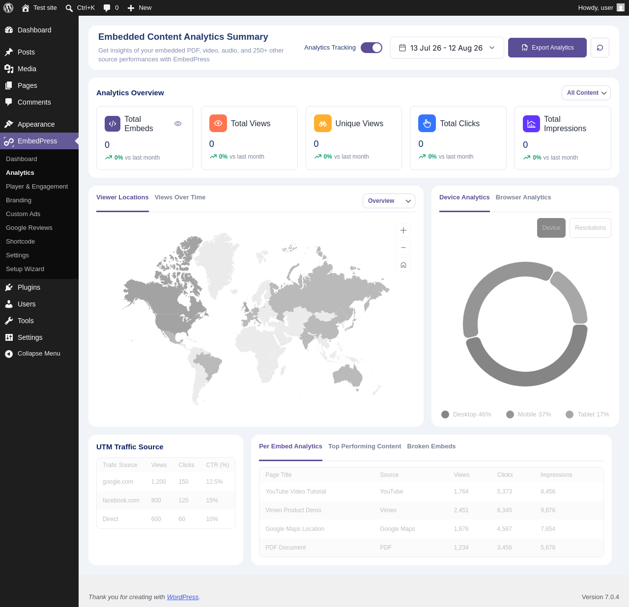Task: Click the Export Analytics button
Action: point(547,48)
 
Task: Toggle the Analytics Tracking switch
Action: point(372,48)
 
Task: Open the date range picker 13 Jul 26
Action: point(447,48)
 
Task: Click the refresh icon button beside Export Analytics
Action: point(600,48)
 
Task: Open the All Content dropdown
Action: point(586,93)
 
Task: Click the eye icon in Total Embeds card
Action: point(178,124)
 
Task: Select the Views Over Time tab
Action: point(180,197)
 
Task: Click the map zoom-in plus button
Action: point(403,230)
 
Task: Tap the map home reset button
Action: point(403,265)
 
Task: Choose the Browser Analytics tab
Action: point(523,197)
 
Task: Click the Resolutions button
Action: point(590,228)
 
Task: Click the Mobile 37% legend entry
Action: point(528,414)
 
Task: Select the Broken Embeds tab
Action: point(431,446)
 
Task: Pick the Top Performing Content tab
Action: point(364,446)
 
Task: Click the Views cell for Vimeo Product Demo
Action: point(461,510)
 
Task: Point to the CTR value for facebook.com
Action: point(212,500)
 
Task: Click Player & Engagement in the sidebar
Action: point(37,187)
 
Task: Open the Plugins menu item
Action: point(29,287)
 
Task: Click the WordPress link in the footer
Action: point(183,597)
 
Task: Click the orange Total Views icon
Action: point(218,123)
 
